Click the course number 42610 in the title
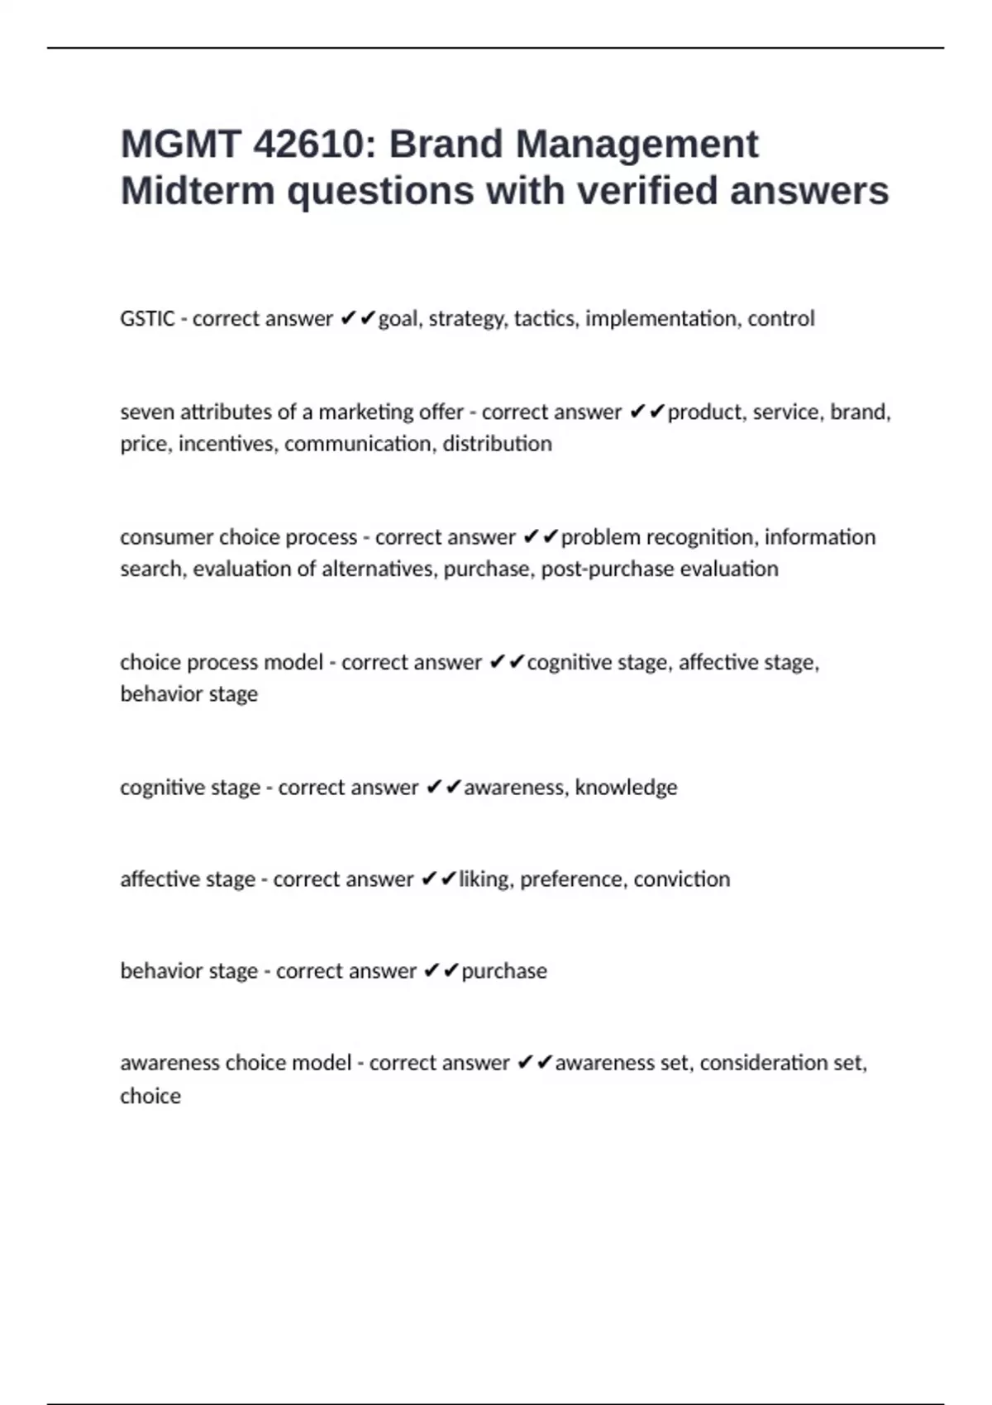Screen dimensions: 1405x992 (x=308, y=145)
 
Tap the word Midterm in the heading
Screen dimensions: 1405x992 (x=198, y=191)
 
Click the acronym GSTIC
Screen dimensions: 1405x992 (x=147, y=319)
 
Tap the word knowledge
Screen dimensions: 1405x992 (x=626, y=788)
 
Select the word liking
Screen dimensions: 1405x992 (x=485, y=879)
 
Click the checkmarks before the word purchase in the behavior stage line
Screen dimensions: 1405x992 (x=441, y=971)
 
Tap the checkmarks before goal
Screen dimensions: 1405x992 (x=358, y=319)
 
